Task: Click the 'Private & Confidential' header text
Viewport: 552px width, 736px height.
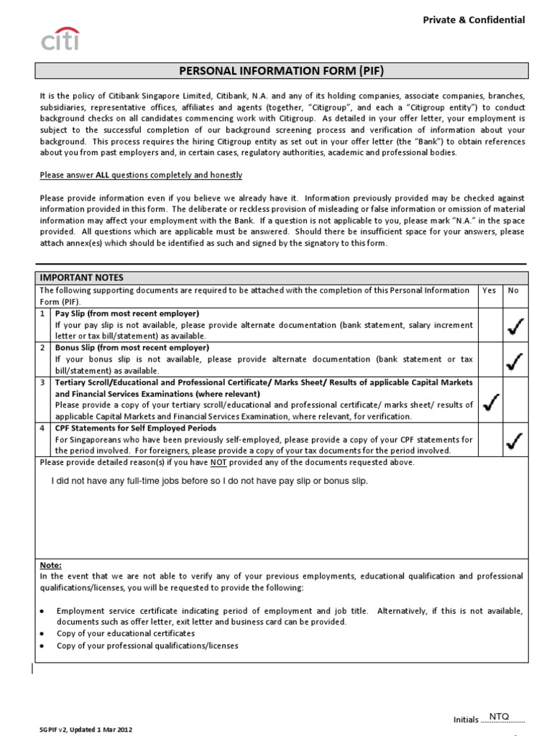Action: [474, 20]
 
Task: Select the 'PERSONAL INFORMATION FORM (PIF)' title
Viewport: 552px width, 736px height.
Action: [282, 70]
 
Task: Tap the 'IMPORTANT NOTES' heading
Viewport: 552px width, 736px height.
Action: [81, 277]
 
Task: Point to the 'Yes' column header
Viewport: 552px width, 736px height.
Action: [489, 290]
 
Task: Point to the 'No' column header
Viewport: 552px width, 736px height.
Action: [513, 290]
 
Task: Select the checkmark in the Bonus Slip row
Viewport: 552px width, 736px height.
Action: [515, 361]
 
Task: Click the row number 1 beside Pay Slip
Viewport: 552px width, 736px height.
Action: [42, 314]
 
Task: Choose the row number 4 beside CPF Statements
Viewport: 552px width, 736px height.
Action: [42, 428]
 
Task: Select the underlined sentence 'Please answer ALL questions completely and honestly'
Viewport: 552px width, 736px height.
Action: [141, 175]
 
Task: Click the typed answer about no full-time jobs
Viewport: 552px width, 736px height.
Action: [209, 481]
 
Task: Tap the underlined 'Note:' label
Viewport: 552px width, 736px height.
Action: [50, 565]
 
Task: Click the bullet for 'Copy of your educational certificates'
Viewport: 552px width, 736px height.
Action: [42, 634]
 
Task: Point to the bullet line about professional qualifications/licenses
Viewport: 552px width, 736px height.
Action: [147, 645]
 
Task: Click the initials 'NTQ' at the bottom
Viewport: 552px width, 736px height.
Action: [498, 717]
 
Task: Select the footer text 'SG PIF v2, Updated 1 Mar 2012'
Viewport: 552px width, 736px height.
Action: [86, 729]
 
